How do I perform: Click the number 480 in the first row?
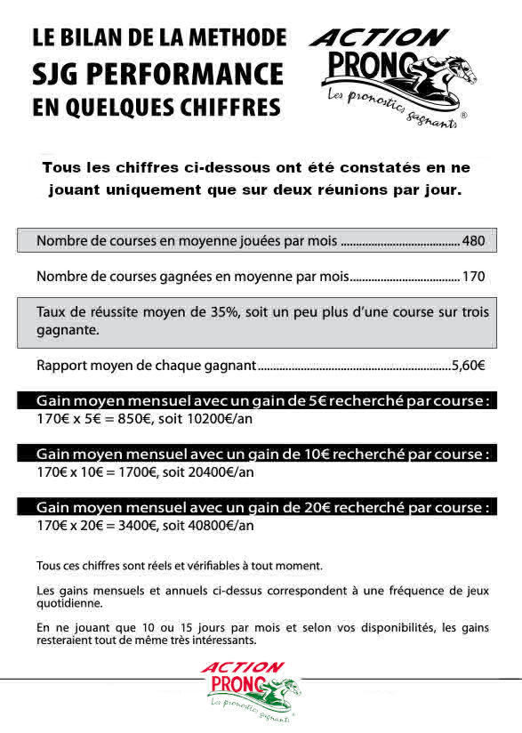[473, 241]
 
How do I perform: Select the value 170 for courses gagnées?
[473, 277]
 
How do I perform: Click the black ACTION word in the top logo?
[379, 38]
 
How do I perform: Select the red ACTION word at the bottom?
[242, 667]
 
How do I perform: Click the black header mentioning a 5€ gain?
[263, 400]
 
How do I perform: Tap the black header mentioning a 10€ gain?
[263, 455]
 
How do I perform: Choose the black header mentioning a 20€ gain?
[263, 508]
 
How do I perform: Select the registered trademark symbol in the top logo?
[463, 116]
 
